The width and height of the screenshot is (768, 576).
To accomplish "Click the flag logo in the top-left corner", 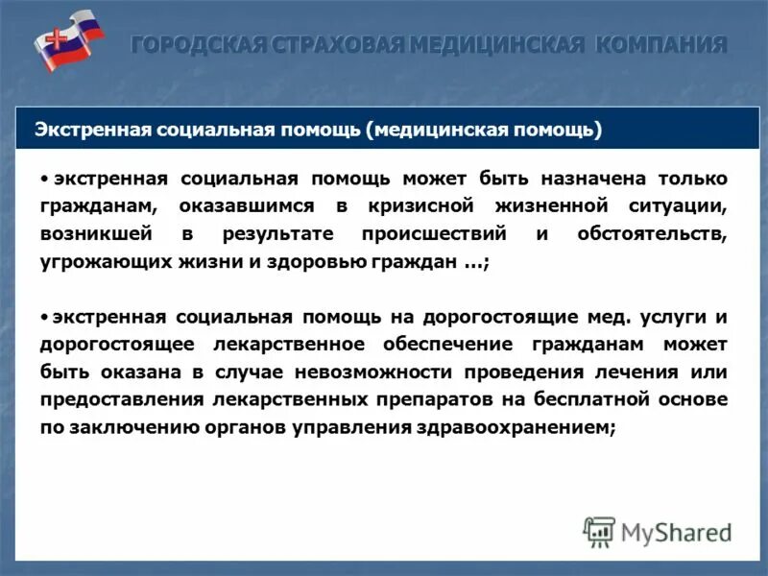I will pos(69,39).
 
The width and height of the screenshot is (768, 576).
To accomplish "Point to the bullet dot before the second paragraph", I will pos(45,316).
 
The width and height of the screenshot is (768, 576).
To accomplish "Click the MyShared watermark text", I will pos(676,530).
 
